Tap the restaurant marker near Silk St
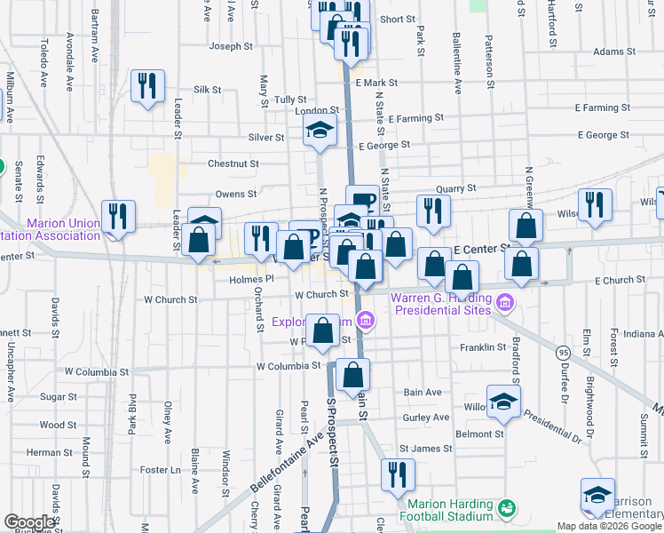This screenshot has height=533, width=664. tap(146, 86)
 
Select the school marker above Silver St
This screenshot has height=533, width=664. tap(320, 131)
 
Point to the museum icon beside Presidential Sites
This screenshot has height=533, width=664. tap(505, 305)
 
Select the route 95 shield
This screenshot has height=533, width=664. tap(563, 354)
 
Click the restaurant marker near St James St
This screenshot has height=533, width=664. tap(398, 475)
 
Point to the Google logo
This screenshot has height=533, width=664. tap(30, 522)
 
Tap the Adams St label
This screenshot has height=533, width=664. tap(609, 52)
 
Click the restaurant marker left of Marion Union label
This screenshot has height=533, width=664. tap(117, 216)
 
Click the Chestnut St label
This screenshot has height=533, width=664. tap(233, 163)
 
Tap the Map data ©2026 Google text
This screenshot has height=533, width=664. tap(608, 526)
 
